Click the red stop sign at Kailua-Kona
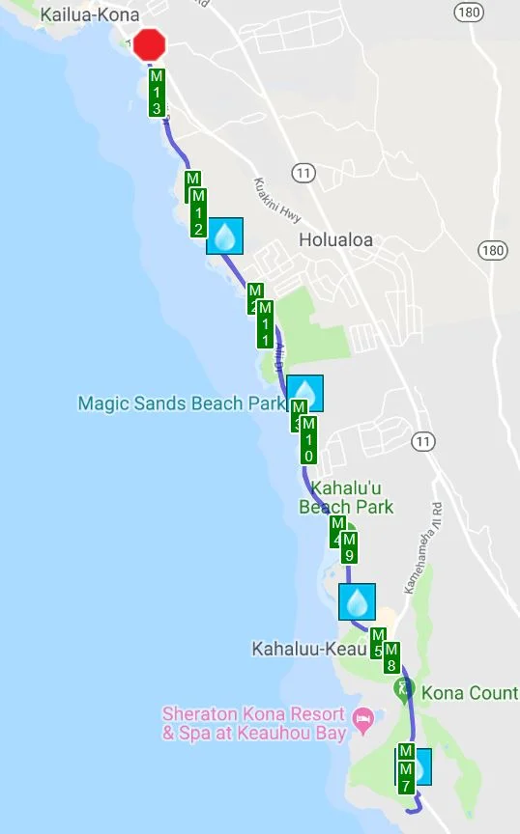coord(150,44)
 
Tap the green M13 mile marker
coord(157,93)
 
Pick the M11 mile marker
coord(265,324)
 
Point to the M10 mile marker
coord(308,440)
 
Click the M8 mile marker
coord(391,657)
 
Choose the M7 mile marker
coord(406,770)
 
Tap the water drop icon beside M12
coord(225,235)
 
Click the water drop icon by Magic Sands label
coord(305,393)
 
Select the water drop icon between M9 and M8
coord(357,601)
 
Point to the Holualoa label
coord(335,240)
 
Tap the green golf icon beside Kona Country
coord(404,690)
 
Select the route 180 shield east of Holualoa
coord(492,250)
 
